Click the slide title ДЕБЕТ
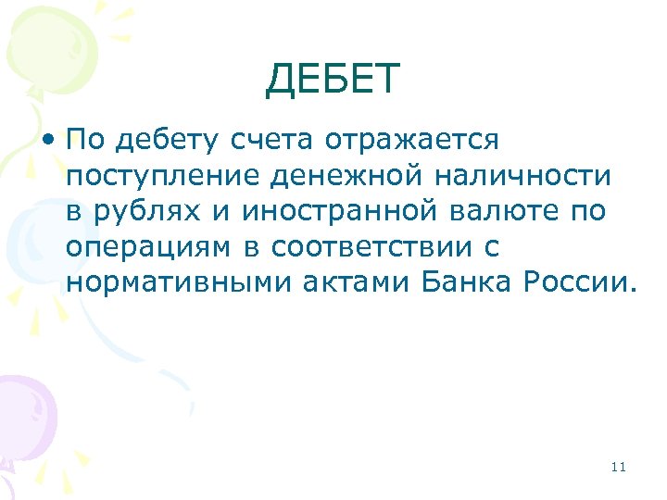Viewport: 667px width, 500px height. pyautogui.click(x=333, y=80)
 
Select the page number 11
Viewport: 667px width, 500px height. pyautogui.click(x=619, y=467)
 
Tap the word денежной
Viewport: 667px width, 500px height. pyautogui.click(x=332, y=175)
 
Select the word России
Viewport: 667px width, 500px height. pyautogui.click(x=582, y=281)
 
